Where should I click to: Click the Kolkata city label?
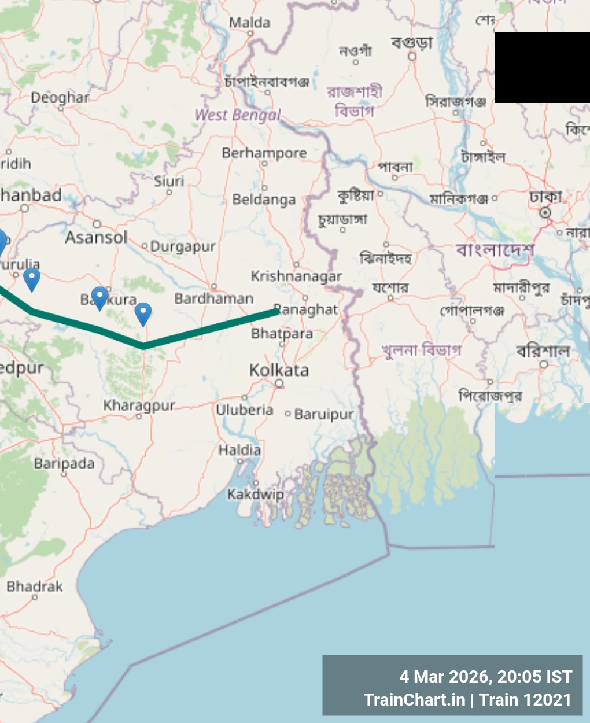[x=279, y=370]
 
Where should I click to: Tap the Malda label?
[x=249, y=23]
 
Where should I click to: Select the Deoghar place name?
[x=60, y=97]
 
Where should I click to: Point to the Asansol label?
[x=96, y=237]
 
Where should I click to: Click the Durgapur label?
[x=183, y=247]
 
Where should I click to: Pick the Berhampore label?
[x=264, y=153]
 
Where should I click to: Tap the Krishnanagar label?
[x=296, y=276]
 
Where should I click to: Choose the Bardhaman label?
[x=214, y=298]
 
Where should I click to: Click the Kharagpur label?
[x=139, y=405]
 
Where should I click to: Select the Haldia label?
[x=239, y=449]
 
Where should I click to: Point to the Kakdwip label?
[x=255, y=495]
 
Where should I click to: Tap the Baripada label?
[x=64, y=463]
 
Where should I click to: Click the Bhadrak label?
[x=35, y=586]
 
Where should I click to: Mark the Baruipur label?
[x=323, y=414]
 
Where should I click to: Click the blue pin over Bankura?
[x=100, y=297]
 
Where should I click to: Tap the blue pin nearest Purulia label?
[x=32, y=278]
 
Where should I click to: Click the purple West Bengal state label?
[x=237, y=115]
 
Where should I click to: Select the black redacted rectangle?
[x=542, y=68]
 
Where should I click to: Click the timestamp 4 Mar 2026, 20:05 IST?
[x=485, y=676]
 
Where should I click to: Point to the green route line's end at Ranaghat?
[x=276, y=311]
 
